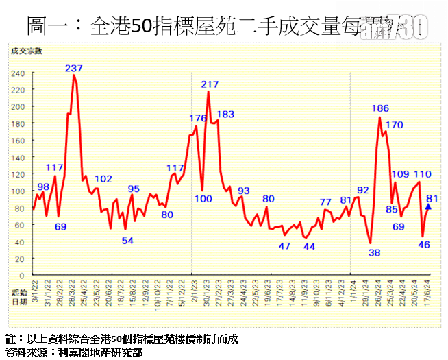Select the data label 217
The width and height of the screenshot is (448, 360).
(x=210, y=84)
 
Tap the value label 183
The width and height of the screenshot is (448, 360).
(x=225, y=114)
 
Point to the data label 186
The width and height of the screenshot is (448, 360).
(x=380, y=108)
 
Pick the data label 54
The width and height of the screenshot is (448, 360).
(x=127, y=240)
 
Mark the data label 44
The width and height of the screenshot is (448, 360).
(x=309, y=247)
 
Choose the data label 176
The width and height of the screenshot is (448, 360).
(x=198, y=118)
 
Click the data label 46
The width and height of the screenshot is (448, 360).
(x=423, y=245)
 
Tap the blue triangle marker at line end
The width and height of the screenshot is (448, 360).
(x=428, y=206)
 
